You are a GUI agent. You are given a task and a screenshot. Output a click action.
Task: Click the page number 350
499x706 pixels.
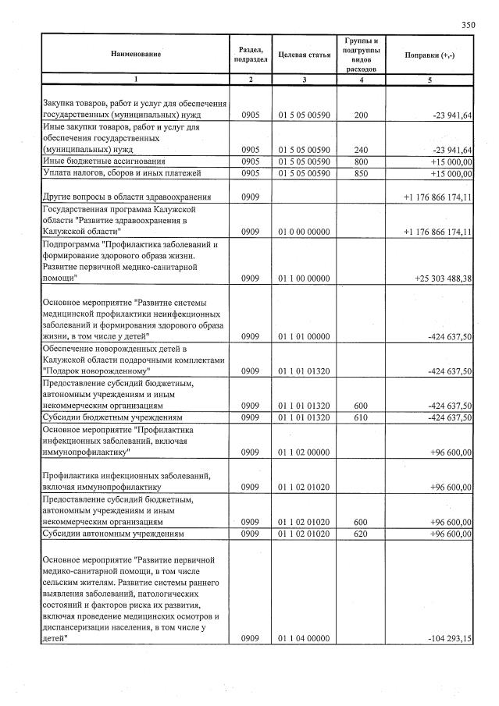[x=468, y=25]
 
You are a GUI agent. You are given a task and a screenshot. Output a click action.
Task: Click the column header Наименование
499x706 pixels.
[x=135, y=54]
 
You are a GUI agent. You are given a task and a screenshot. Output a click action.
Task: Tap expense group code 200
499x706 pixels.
[x=360, y=115]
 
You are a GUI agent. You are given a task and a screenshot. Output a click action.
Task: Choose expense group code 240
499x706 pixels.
[x=360, y=150]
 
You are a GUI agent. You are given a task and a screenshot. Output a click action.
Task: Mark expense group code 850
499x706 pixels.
[x=360, y=172]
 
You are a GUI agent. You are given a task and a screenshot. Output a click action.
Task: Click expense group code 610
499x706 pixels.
[x=360, y=417]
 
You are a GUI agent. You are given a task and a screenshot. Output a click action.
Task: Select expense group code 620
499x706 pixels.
[x=360, y=534]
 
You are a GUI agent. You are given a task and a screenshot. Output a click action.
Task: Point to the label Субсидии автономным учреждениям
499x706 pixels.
[x=113, y=534]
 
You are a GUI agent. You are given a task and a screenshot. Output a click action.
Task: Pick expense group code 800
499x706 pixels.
[x=360, y=161]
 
